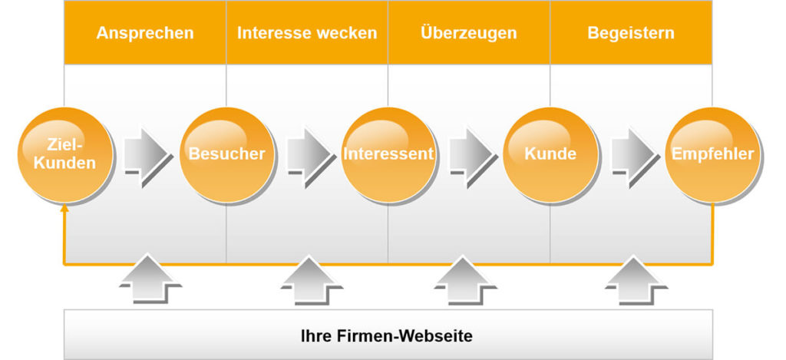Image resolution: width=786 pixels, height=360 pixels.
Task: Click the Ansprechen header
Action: tap(145, 33)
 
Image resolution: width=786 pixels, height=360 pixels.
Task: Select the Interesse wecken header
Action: tap(307, 33)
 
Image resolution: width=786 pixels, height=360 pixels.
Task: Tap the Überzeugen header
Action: tap(469, 33)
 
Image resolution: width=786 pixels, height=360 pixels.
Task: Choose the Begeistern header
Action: tap(631, 33)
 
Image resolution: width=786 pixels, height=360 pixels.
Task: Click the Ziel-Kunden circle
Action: tap(64, 154)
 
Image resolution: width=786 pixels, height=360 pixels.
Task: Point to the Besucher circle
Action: tap(226, 154)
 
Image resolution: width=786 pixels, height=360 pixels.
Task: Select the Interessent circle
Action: tap(388, 154)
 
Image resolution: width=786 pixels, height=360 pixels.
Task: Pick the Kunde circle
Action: tap(550, 154)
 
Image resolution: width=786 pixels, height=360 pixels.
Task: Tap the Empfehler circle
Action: tap(712, 154)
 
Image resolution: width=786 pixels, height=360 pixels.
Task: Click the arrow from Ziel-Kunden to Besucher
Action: tap(146, 154)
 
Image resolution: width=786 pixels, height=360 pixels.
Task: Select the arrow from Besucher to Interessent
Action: tap(308, 154)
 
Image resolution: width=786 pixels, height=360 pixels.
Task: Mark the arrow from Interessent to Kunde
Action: tap(470, 154)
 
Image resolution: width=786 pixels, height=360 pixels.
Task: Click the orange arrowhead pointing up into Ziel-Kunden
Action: tap(64, 207)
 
